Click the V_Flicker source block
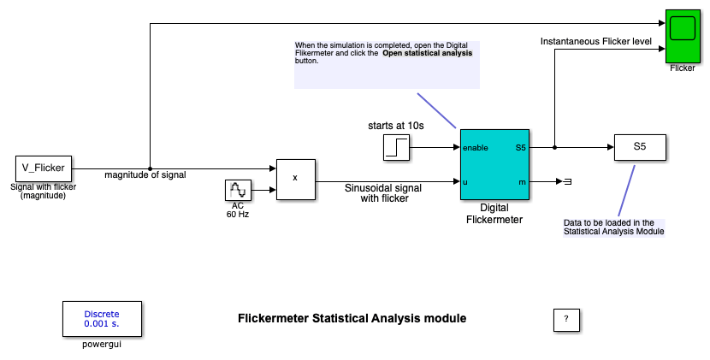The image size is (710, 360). pos(43,168)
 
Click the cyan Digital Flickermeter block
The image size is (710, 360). pos(495,165)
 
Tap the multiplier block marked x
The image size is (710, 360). pos(295,179)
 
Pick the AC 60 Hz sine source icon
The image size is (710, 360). pos(237,191)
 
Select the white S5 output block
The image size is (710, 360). pos(639,147)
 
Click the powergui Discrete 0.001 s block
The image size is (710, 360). pos(102,319)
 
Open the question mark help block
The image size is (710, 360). pos(565,319)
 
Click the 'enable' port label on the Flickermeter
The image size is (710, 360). pos(476,148)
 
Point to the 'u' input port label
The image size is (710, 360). pos(465,181)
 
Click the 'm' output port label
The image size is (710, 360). pos(523,181)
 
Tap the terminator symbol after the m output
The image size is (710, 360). pos(566,181)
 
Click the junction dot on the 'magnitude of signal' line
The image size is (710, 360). pos(150,168)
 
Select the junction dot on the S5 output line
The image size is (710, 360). pos(555,147)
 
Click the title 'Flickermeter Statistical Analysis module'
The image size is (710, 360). pos(352,318)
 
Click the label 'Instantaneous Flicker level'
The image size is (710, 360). pos(595,40)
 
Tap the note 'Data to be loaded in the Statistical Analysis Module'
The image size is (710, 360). pos(613,227)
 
